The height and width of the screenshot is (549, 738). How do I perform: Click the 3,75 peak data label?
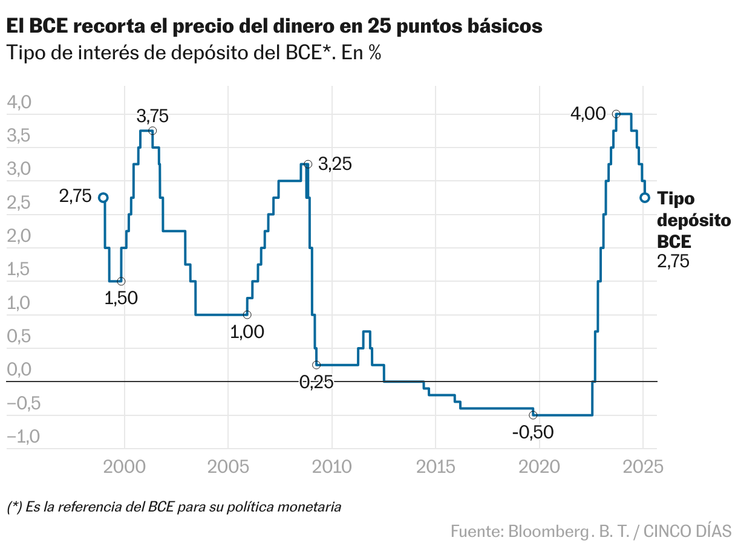[152, 116]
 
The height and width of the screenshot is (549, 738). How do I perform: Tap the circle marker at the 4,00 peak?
[616, 114]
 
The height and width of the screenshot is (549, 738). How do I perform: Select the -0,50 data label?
[532, 432]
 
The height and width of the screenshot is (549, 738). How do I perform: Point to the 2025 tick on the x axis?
[642, 467]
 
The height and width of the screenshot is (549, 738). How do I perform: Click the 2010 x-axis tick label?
[331, 467]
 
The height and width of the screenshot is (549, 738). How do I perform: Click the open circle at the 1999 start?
[103, 198]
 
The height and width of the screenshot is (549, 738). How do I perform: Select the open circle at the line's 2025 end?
[645, 198]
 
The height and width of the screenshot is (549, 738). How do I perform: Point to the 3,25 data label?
[335, 164]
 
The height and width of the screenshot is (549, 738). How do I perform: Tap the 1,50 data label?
[121, 297]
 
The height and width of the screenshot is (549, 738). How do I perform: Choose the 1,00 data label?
[247, 331]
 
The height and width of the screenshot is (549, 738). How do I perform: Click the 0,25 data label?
[316, 382]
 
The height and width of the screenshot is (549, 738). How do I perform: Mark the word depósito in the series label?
[694, 221]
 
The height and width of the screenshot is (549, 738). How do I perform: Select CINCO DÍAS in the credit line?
[687, 531]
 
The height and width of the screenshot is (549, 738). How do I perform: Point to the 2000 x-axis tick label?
[125, 467]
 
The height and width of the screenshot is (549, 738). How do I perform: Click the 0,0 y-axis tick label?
[18, 369]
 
